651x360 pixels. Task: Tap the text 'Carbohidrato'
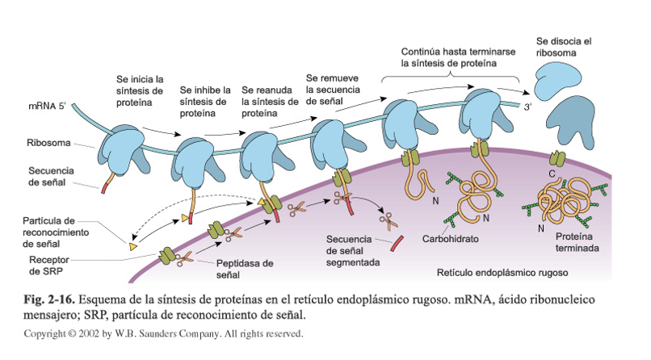(451, 240)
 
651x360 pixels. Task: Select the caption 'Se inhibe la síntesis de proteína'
(204, 102)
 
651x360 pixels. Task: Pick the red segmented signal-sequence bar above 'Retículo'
(397, 241)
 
